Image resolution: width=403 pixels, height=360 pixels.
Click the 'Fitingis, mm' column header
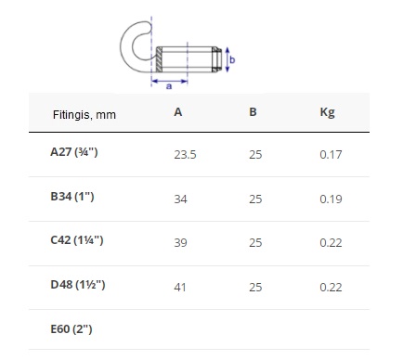(84, 115)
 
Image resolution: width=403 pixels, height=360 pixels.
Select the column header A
(178, 112)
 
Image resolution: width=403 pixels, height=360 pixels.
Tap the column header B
(253, 112)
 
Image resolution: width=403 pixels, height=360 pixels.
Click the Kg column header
(328, 112)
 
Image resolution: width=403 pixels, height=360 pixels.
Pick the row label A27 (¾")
(74, 152)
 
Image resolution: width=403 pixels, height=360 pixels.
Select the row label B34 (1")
(72, 197)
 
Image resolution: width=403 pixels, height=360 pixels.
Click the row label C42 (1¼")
(77, 240)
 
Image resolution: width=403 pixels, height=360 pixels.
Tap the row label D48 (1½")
(78, 285)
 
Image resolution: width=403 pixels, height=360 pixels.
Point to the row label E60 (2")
(71, 328)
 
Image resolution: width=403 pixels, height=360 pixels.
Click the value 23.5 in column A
(185, 155)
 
